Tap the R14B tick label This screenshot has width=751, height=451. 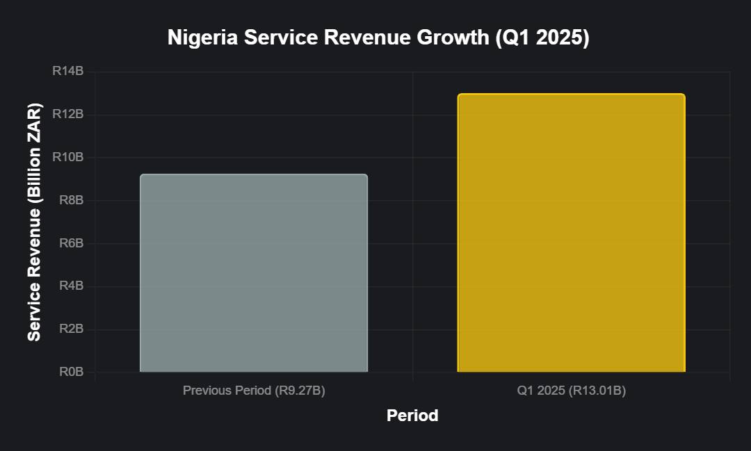tap(68, 72)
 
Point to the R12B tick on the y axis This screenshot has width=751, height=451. tap(68, 115)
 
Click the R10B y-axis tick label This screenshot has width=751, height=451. tap(68, 158)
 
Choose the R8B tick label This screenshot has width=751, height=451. tap(71, 201)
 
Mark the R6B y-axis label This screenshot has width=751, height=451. tap(71, 243)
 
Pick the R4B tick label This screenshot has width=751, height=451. tap(71, 286)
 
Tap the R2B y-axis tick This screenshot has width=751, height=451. tap(71, 329)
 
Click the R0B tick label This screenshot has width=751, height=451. tap(71, 372)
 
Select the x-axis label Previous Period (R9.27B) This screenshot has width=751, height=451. tap(254, 391)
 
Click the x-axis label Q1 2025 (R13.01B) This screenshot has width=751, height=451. tap(571, 391)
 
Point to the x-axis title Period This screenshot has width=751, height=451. tap(412, 416)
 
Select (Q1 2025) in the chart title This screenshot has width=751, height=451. tap(542, 38)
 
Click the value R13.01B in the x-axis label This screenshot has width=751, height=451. tap(597, 391)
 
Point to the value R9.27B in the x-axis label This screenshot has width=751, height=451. tap(299, 391)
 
